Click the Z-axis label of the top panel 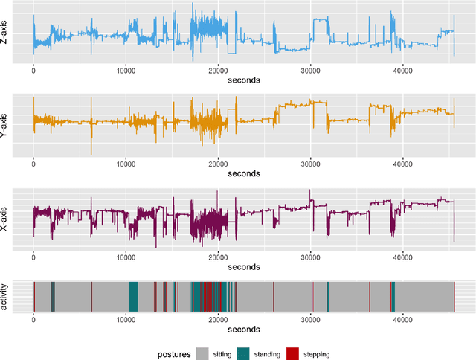[7, 33]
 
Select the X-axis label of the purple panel [7, 216]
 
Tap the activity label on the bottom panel [7, 297]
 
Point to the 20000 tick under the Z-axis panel [218, 71]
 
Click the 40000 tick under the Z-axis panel [402, 71]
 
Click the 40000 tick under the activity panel [402, 318]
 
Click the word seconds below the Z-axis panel [243, 80]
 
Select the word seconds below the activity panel [243, 328]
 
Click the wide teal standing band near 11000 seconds [133, 297]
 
